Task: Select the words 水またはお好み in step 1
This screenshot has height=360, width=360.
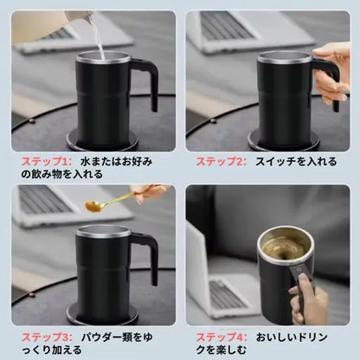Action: [x=119, y=160]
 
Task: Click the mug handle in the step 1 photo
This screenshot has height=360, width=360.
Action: [x=146, y=82]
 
